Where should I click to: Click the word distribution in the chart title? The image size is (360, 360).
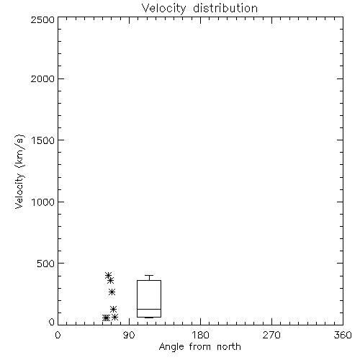(225, 8)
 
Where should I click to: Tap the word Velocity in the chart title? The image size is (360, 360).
(163, 9)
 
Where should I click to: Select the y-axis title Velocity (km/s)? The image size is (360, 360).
(19, 171)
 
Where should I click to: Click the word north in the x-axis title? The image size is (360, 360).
(229, 346)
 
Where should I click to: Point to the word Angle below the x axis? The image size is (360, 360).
(171, 347)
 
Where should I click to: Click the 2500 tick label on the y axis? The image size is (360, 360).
(42, 19)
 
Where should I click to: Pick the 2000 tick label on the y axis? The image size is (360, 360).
(42, 78)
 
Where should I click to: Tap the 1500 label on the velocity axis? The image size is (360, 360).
(43, 140)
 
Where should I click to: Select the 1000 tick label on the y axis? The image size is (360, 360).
(43, 202)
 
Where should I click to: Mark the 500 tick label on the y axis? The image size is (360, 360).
(46, 264)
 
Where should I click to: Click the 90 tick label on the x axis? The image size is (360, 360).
(129, 335)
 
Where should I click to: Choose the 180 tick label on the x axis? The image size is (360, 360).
(200, 335)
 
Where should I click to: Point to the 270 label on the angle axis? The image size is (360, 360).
(271, 335)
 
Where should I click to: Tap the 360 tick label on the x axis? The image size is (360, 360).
(343, 335)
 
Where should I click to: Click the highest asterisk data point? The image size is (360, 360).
(108, 275)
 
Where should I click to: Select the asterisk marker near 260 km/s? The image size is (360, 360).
(112, 292)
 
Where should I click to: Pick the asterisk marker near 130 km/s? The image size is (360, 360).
(113, 309)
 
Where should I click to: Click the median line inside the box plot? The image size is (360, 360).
(149, 309)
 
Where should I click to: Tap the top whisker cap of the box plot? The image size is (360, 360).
(149, 275)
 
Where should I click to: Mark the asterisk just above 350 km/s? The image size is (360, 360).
(110, 280)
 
